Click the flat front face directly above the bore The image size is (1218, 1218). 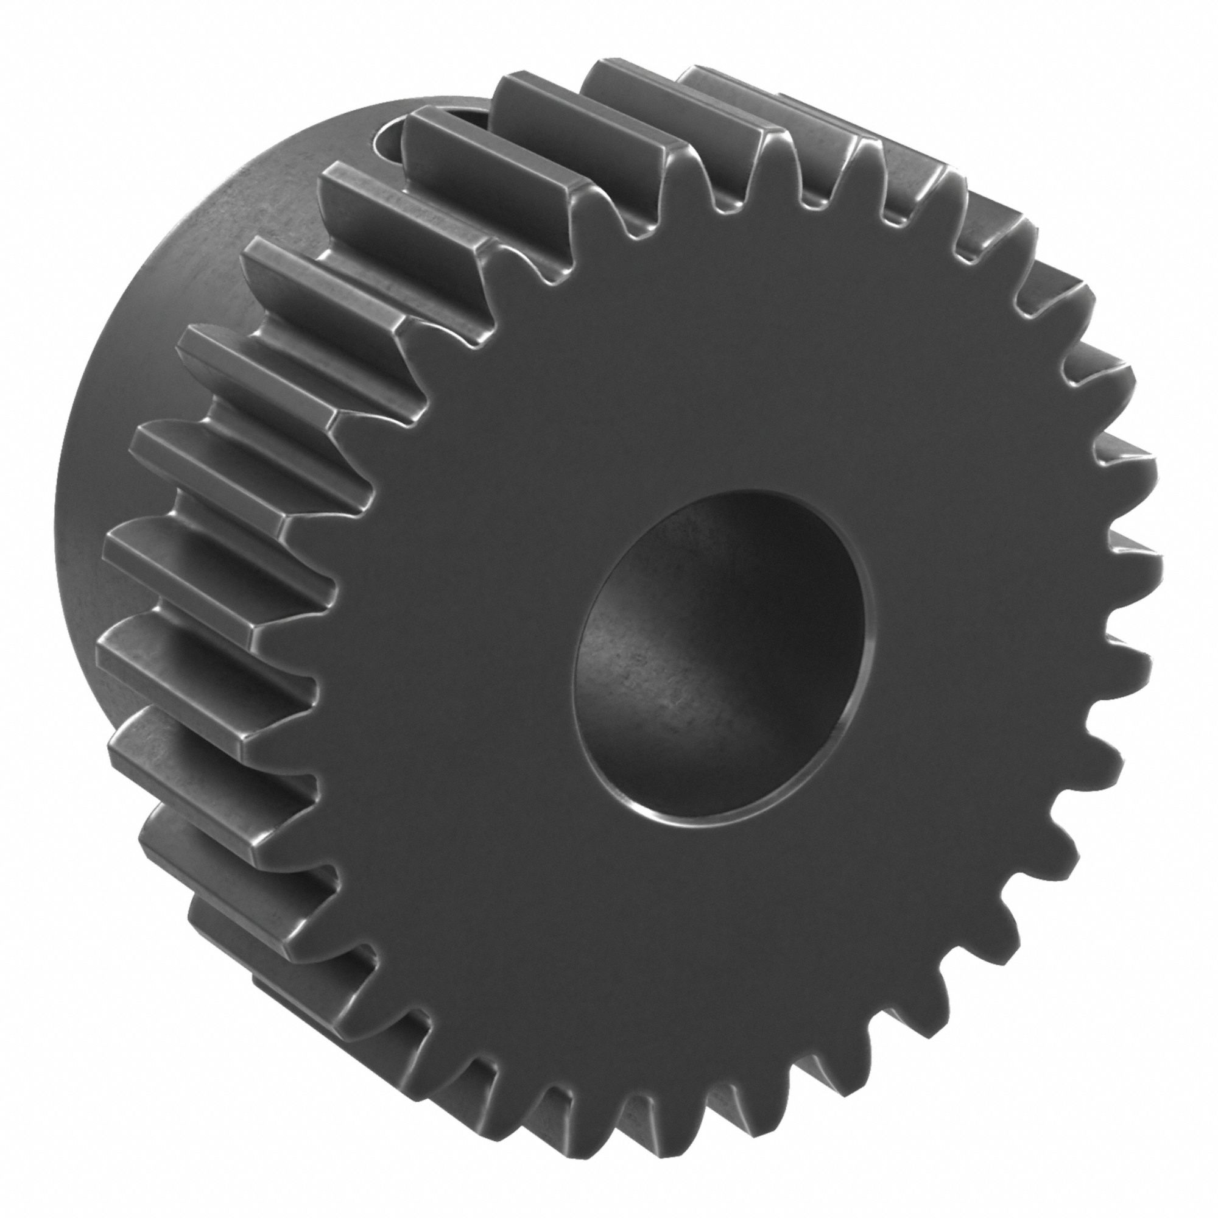click(725, 378)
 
